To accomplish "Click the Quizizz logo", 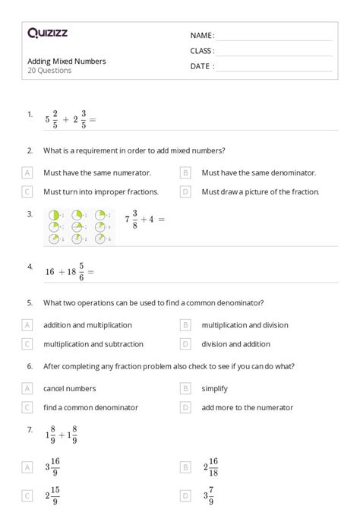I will coord(47,33).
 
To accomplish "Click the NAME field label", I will coord(202,36).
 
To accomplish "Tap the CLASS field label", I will coord(202,51).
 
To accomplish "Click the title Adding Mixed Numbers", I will coord(67,61).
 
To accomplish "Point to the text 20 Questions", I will coord(49,71).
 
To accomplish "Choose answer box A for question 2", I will coord(28,173).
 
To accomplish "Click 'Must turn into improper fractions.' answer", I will coord(101,192).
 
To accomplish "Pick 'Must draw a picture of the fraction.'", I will coord(261,192).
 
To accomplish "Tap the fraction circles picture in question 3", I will coord(80,226).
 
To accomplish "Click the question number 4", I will coord(30,267).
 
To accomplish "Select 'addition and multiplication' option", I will coord(87,325).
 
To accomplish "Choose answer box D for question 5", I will coord(185,344).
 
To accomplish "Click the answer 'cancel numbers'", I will coord(70,389).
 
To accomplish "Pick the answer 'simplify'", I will coord(216,389).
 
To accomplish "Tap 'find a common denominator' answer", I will coord(91,408).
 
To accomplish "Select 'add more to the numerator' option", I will coord(247,408).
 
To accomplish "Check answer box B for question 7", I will coord(185,467).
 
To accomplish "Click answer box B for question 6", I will coord(185,389).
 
